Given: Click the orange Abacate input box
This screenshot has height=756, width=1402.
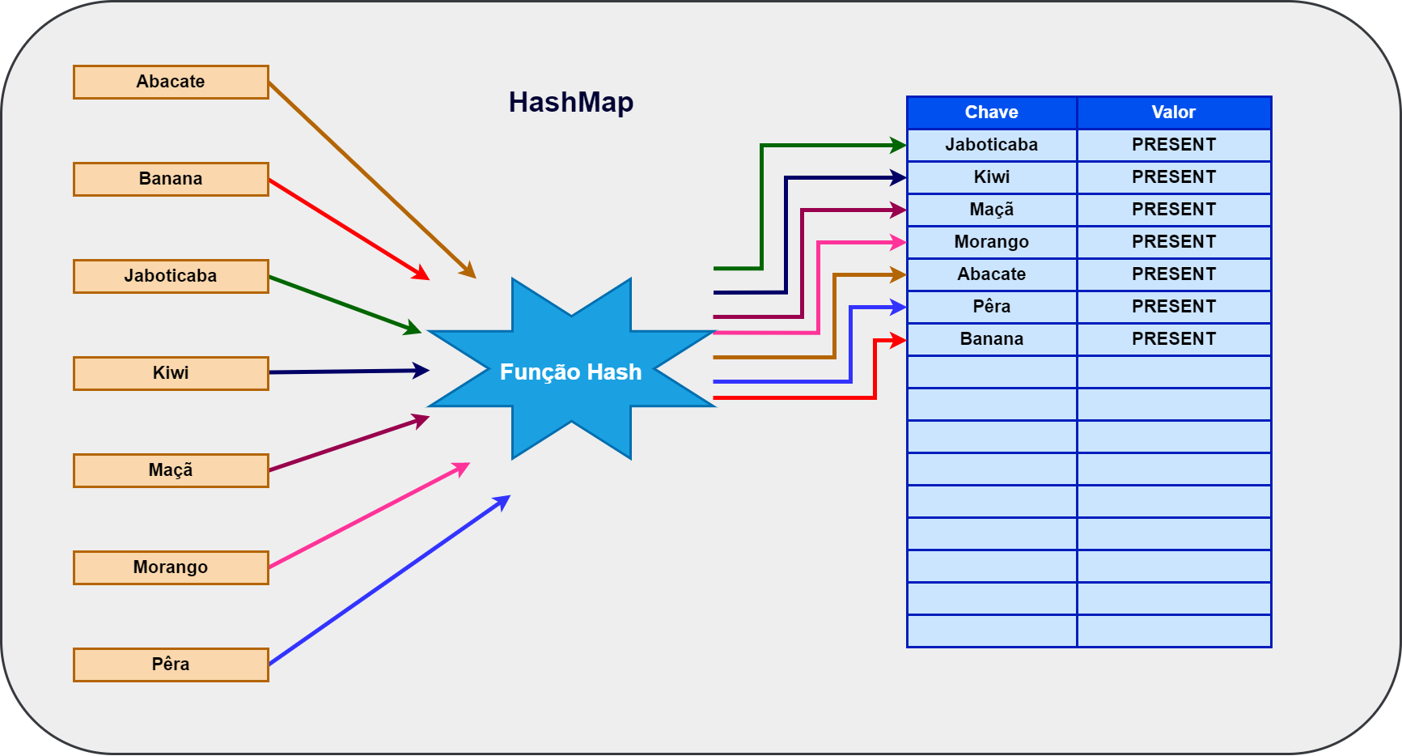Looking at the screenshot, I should click(x=171, y=82).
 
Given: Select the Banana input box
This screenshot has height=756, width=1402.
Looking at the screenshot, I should click(x=171, y=179).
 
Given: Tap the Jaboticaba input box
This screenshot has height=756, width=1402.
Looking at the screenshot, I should click(x=171, y=276).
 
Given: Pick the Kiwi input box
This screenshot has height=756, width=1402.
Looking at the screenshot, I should click(x=171, y=373).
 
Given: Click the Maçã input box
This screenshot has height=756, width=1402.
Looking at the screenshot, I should click(x=171, y=470).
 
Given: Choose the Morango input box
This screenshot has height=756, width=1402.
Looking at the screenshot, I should click(x=171, y=567).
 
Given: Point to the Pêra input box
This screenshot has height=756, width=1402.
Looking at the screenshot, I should click(x=171, y=665).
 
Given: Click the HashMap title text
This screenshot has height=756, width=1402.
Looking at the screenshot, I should click(x=571, y=102).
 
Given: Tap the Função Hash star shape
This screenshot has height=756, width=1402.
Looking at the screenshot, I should click(x=571, y=371).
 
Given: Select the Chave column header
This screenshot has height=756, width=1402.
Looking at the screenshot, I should click(x=992, y=113).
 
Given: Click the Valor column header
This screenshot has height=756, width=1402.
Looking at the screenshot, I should click(x=1174, y=113).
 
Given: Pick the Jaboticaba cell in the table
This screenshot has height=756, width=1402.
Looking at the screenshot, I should click(x=992, y=145).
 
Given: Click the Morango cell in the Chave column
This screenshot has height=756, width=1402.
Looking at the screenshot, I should click(x=992, y=242).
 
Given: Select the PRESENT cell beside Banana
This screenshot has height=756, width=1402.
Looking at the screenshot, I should click(x=1174, y=339).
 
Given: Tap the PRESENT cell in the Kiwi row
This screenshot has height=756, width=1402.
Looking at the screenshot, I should click(x=1174, y=177).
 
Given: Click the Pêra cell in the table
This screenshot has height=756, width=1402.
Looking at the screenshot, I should click(x=992, y=307).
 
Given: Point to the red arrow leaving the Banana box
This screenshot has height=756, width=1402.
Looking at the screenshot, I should click(x=348, y=229).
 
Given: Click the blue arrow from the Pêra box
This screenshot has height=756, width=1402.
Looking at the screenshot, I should click(x=388, y=582).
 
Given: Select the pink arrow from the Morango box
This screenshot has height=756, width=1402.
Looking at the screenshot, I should click(x=368, y=516).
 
